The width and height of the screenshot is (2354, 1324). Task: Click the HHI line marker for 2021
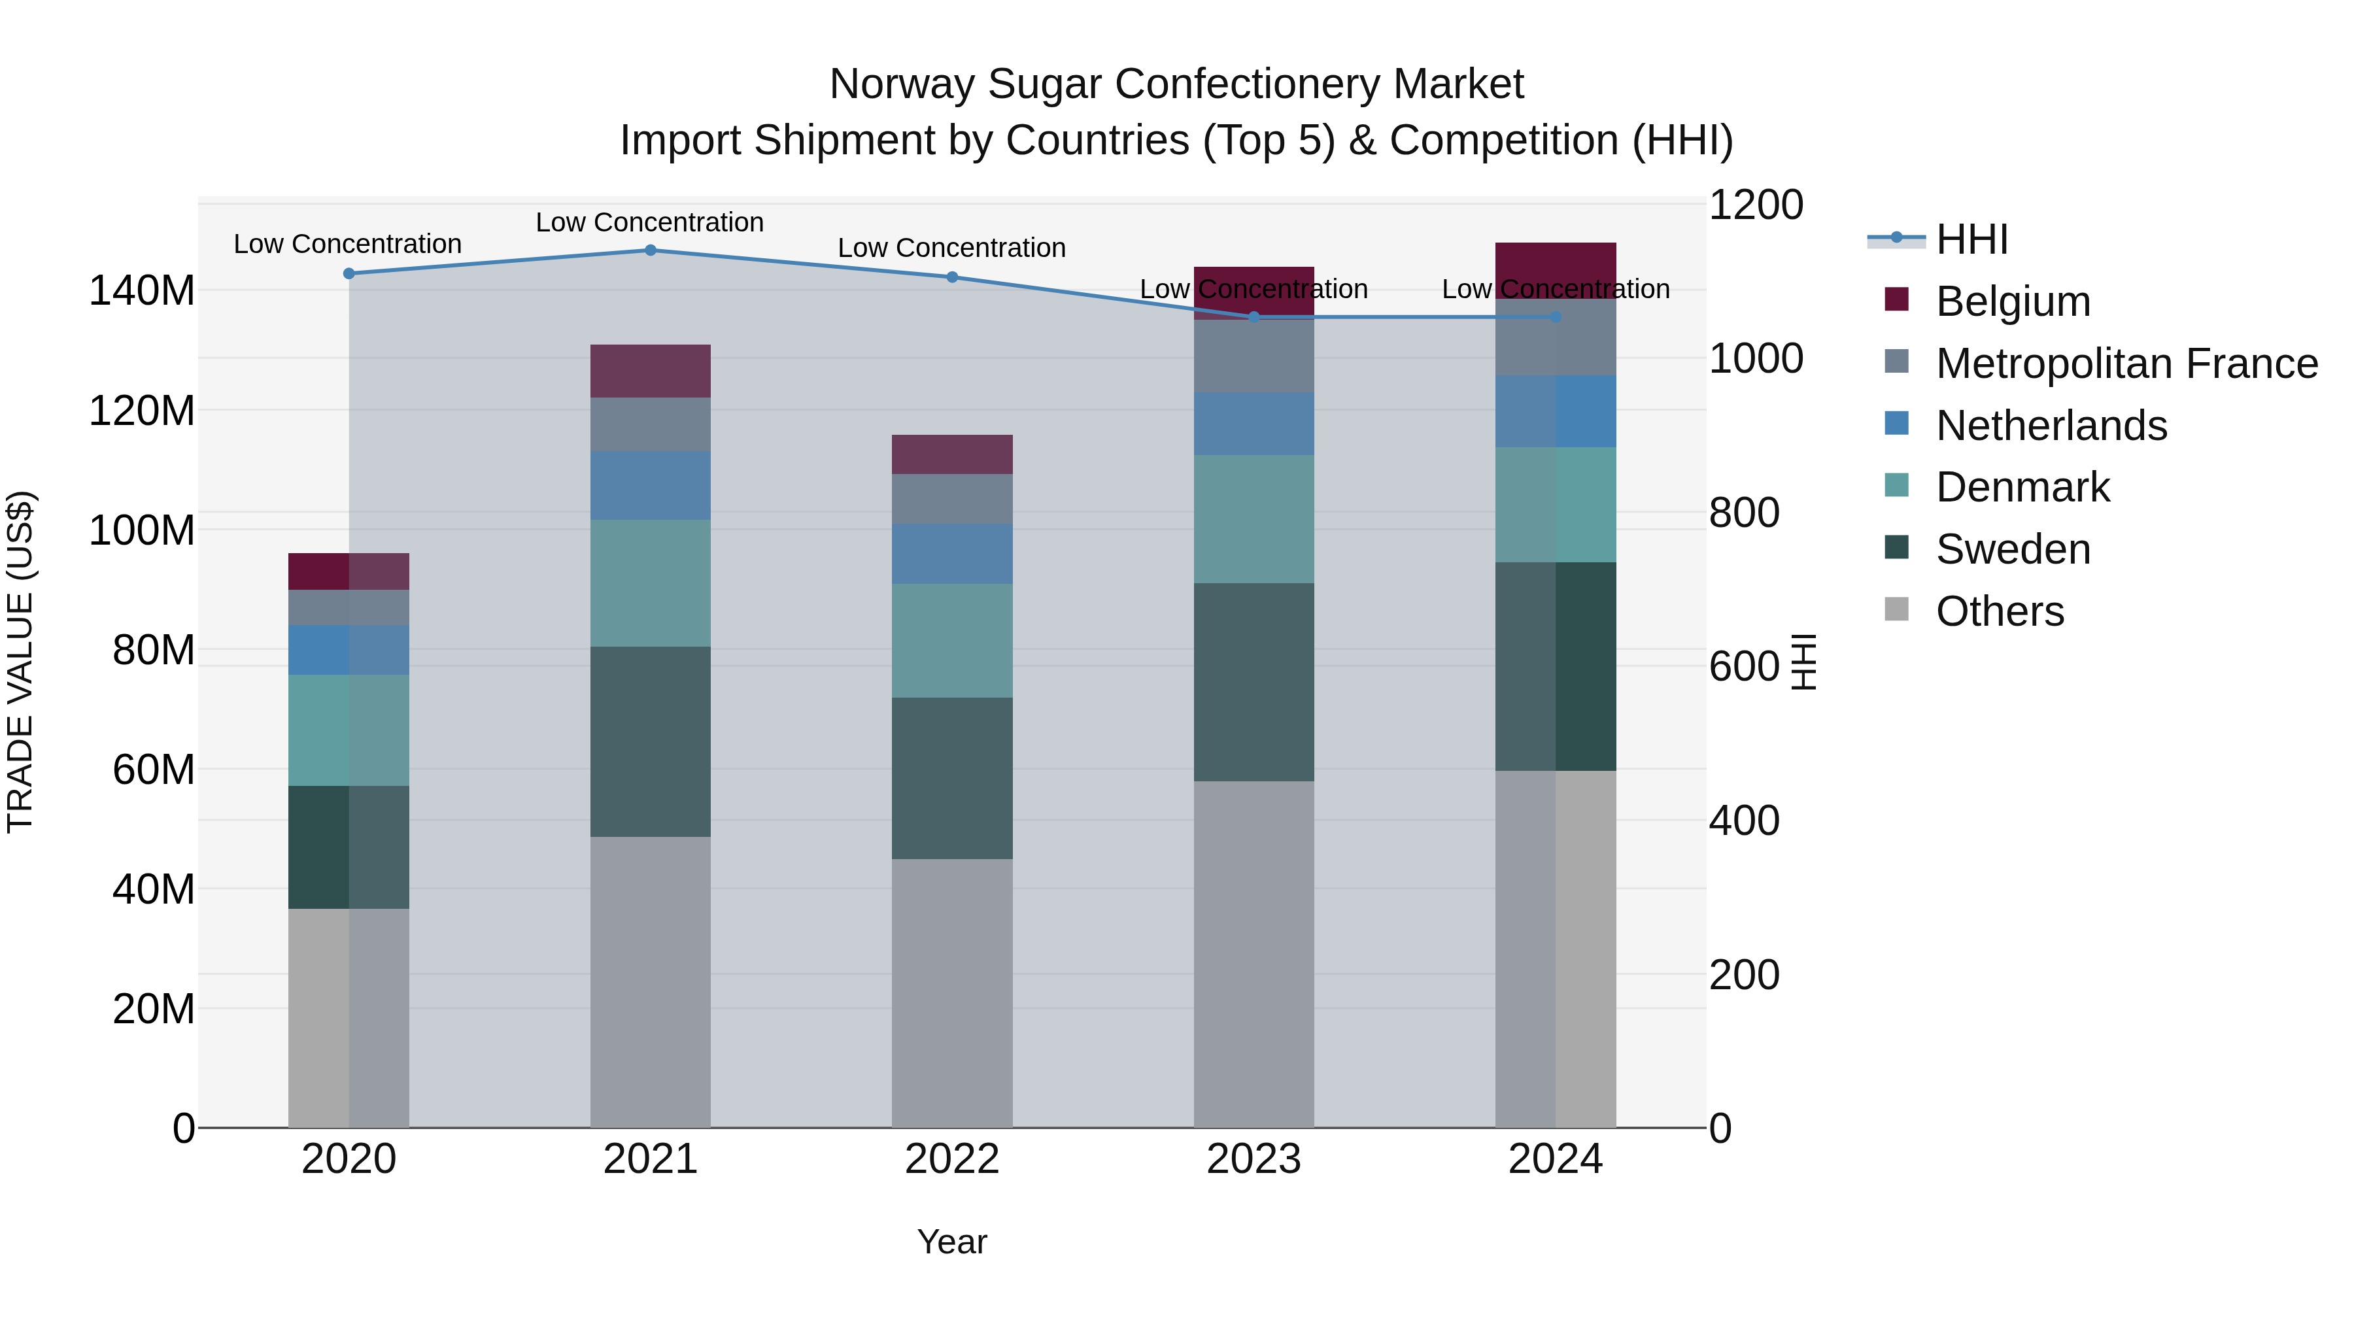tap(651, 250)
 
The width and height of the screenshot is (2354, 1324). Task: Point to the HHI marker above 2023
tap(1254, 317)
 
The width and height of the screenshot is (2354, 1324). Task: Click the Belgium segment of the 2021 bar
tap(651, 371)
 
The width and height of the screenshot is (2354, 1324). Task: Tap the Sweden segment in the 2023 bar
tap(1254, 682)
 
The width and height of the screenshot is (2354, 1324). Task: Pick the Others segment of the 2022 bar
tap(952, 993)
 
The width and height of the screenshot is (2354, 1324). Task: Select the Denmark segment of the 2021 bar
tap(651, 583)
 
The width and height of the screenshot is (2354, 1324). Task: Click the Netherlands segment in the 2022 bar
tap(952, 554)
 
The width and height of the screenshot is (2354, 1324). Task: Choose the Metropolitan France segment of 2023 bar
tap(1254, 356)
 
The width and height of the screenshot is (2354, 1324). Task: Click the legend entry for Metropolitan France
tap(2126, 364)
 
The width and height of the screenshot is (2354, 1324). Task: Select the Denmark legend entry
tap(2022, 487)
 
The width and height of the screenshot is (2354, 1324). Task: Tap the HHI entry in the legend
tap(1971, 239)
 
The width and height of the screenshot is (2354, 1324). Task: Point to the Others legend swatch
tap(1896, 609)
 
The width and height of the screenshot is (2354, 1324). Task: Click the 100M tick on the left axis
tap(142, 530)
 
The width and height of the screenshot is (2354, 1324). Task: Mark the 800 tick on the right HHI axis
tap(1743, 513)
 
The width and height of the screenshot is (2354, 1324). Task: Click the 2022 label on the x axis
tap(952, 1159)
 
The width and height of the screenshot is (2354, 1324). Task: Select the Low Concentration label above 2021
tap(650, 222)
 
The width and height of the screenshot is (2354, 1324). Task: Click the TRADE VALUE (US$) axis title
tap(21, 662)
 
